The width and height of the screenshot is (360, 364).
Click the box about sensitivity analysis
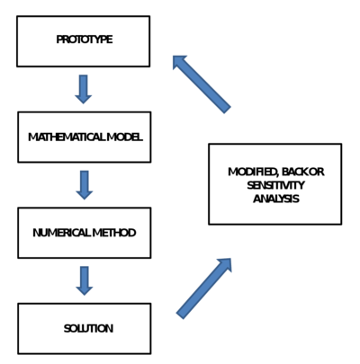(274, 183)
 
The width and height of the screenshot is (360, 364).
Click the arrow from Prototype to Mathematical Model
(84, 89)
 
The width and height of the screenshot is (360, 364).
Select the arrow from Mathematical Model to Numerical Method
(84, 184)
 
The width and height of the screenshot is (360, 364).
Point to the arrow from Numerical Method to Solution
(84, 280)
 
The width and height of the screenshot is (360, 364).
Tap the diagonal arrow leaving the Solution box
(204, 288)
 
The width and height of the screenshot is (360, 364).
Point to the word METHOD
(117, 233)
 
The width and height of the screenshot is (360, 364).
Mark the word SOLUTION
(88, 329)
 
